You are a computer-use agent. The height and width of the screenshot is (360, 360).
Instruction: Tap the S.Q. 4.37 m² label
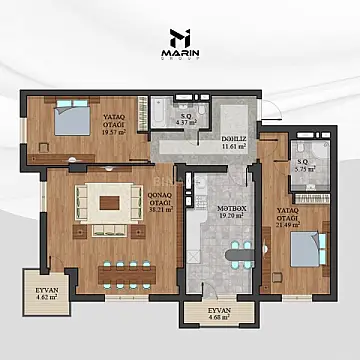tap(186, 119)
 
